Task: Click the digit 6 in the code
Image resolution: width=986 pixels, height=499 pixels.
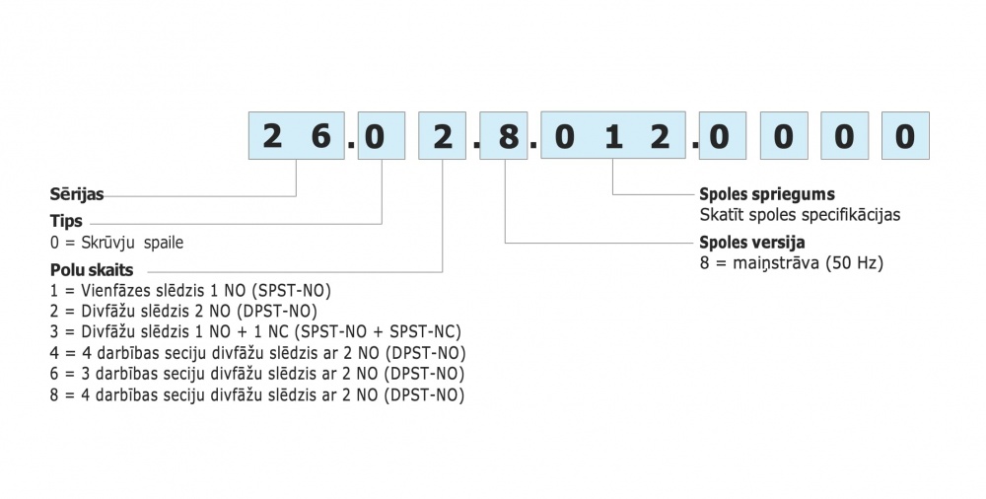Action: tap(320, 136)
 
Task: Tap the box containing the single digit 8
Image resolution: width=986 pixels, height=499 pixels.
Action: tap(507, 136)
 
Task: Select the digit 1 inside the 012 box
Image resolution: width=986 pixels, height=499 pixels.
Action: tap(613, 136)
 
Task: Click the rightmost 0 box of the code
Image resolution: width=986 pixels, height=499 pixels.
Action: tap(904, 136)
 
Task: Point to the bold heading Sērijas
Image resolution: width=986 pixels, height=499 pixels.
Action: tap(77, 195)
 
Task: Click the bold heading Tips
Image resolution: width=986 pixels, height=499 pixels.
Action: tap(66, 221)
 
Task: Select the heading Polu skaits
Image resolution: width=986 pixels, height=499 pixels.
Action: tap(92, 269)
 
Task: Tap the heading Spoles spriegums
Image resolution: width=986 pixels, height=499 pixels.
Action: tap(766, 195)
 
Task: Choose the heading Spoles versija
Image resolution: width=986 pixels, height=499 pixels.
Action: tap(751, 243)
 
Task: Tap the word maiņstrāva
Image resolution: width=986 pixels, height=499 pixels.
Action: tap(773, 263)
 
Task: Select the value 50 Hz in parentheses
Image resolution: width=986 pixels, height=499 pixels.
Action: tap(854, 263)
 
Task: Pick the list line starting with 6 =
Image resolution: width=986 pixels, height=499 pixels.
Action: tap(257, 374)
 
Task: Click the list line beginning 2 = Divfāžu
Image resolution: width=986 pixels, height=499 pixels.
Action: tap(187, 312)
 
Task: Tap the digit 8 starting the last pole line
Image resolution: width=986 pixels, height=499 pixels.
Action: tap(54, 394)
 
